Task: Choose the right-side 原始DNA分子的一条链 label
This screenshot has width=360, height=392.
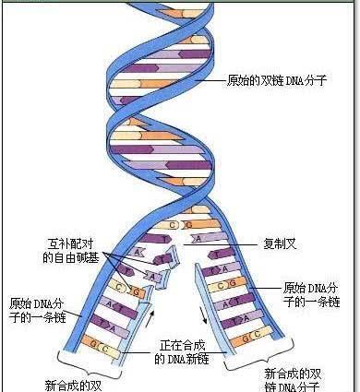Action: click(x=311, y=294)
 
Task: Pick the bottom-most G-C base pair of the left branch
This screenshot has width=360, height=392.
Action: click(x=100, y=349)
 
